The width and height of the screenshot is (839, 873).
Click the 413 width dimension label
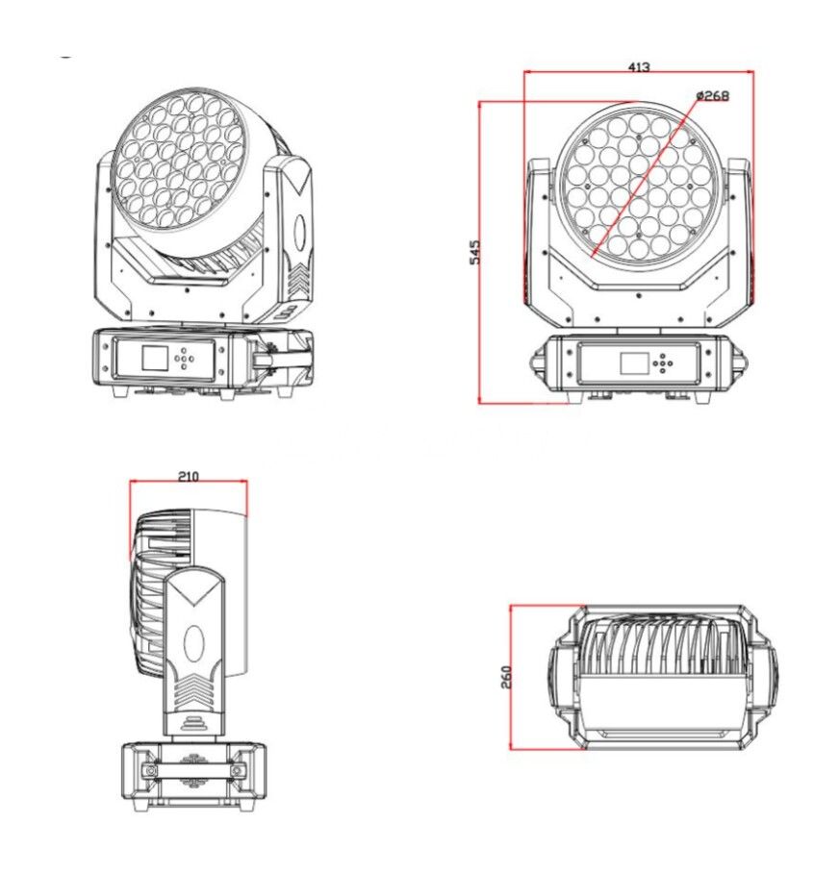(x=638, y=67)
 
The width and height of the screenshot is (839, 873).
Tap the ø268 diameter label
(x=712, y=95)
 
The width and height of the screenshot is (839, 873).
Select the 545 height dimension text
(x=474, y=252)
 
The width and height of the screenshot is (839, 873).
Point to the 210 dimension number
(x=189, y=476)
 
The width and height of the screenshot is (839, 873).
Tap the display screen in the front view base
(x=634, y=363)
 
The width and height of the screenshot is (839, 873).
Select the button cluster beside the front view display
(x=663, y=363)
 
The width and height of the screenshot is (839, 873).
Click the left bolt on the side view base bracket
(x=150, y=771)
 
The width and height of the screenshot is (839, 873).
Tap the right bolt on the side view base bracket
(x=237, y=771)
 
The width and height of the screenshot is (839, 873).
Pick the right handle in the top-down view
(x=766, y=677)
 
